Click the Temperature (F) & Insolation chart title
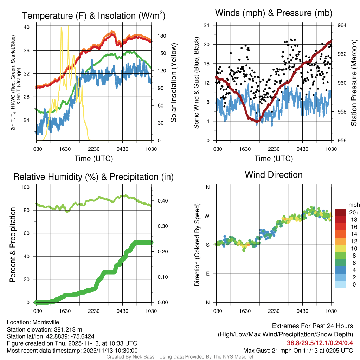[x=94, y=15]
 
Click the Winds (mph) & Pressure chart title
[x=274, y=13]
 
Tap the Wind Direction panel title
[x=274, y=175]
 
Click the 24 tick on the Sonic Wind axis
[x=207, y=25]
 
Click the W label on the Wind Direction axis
[x=207, y=216]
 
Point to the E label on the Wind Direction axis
[x=208, y=274]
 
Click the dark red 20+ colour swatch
[x=340, y=212]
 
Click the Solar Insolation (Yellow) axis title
[x=173, y=83]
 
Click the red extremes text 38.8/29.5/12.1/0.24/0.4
[x=320, y=343]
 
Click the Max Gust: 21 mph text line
[x=298, y=351]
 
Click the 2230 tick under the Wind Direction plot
[x=274, y=311]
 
